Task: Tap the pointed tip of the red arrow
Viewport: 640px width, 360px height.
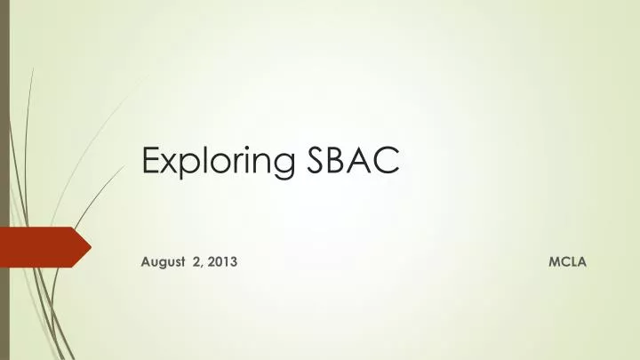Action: pyautogui.click(x=90, y=246)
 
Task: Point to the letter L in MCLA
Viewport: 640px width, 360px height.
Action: pyautogui.click(x=573, y=264)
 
